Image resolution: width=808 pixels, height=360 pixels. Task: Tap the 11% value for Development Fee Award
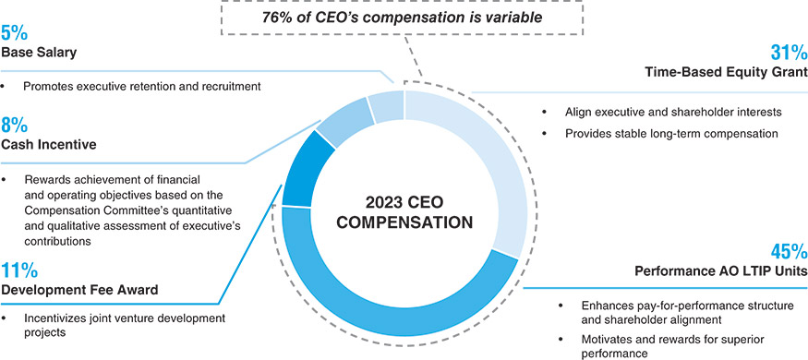coord(19,270)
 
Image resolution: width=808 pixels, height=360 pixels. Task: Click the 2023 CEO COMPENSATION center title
coord(404,211)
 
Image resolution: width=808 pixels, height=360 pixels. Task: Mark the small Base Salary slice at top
coord(385,106)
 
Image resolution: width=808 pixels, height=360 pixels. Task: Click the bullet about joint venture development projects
coord(124,326)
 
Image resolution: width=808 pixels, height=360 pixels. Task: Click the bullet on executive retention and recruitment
coord(141,86)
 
